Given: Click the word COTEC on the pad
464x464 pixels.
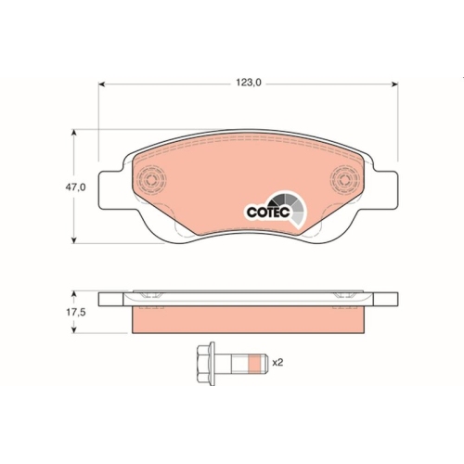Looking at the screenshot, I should tap(269, 212).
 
